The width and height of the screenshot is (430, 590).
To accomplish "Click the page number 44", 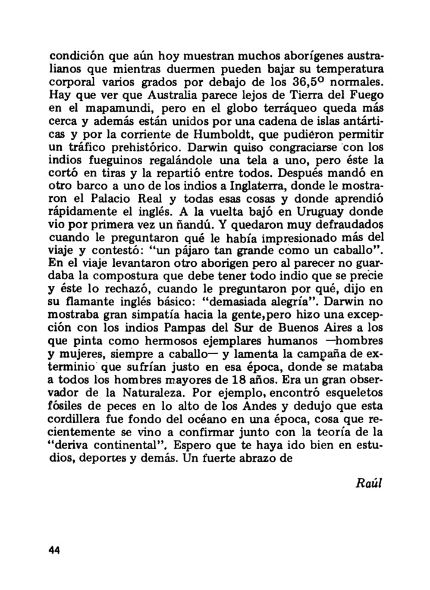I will [x=55, y=549].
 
